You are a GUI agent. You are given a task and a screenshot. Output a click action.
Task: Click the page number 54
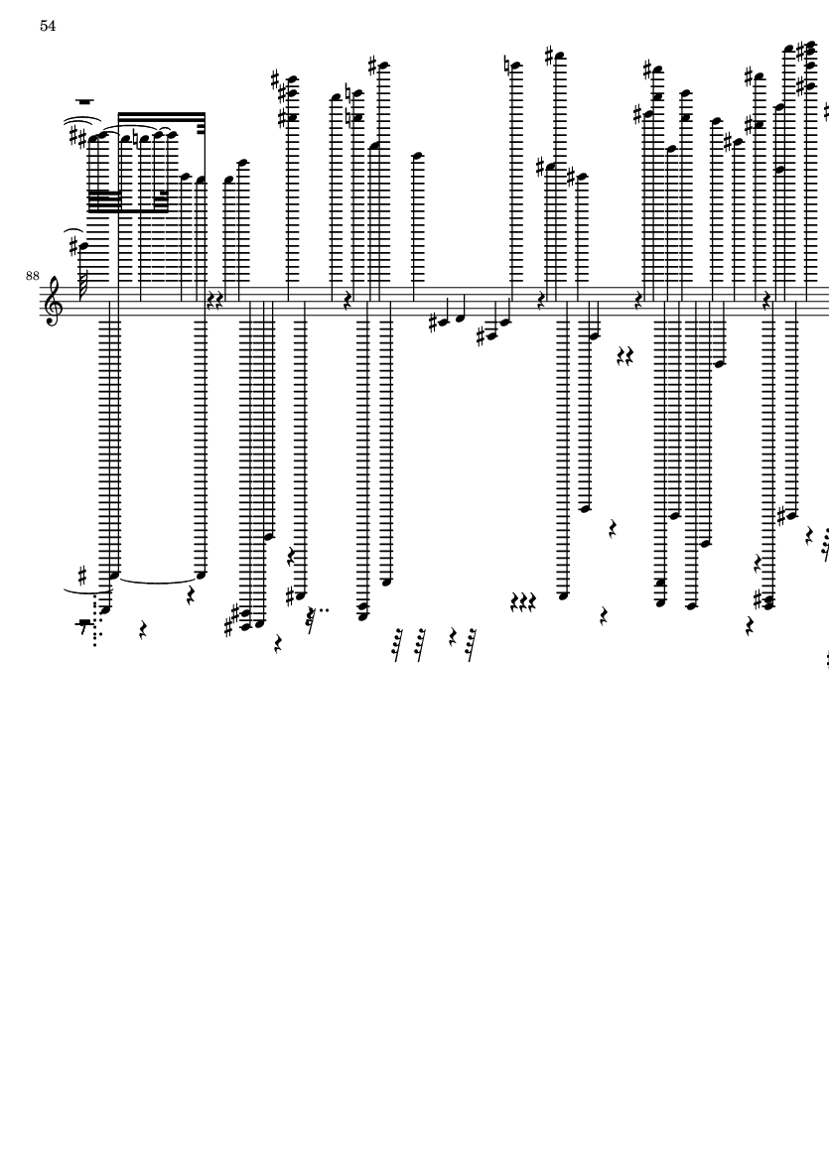tap(48, 26)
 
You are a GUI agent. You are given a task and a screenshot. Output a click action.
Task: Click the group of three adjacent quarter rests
tap(523, 601)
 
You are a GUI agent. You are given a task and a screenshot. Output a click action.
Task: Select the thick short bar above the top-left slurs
tap(85, 101)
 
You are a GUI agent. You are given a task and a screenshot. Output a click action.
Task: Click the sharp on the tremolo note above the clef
tap(73, 237)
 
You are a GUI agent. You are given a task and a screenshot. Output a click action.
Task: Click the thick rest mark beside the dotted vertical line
tap(85, 625)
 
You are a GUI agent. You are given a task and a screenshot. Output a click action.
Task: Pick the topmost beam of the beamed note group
tap(161, 114)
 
